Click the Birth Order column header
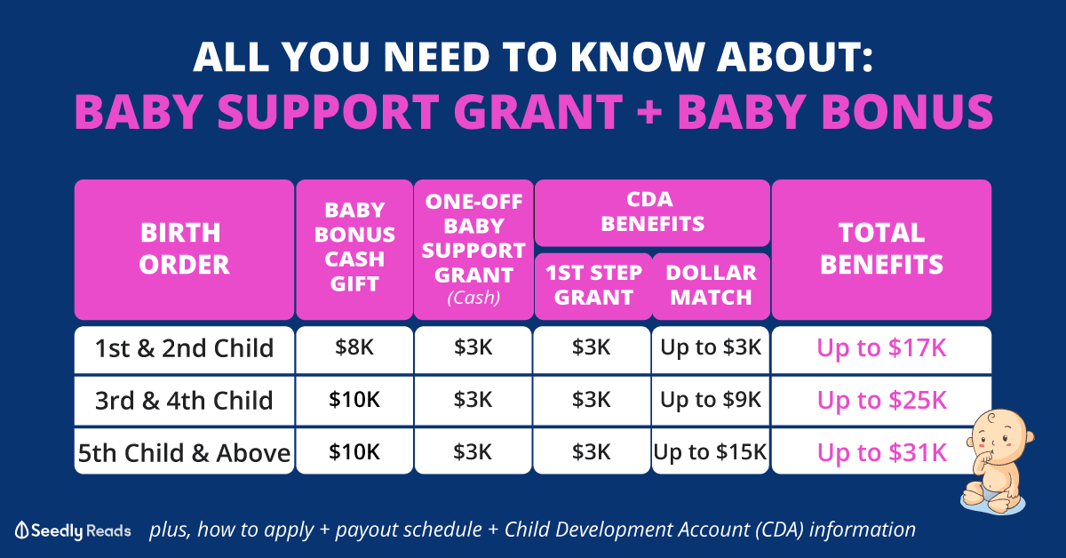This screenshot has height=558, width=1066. click(x=184, y=249)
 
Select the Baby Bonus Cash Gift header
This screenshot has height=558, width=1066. click(x=354, y=249)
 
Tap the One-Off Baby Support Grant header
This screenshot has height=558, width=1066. click(x=473, y=249)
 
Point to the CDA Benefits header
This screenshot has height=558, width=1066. click(x=652, y=212)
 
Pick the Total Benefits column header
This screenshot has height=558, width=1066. click(x=881, y=249)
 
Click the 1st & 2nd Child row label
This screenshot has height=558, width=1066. click(x=184, y=349)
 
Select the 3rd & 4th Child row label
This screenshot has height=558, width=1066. click(x=184, y=401)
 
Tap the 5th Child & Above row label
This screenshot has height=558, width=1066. click(x=184, y=452)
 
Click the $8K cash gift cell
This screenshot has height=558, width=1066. click(x=354, y=348)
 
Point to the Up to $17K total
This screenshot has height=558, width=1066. click(x=881, y=348)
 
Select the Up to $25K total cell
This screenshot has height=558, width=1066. click(x=881, y=401)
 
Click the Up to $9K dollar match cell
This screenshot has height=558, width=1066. click(x=711, y=401)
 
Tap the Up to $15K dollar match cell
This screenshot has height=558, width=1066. click(x=711, y=452)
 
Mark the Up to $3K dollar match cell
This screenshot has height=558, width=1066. click(x=711, y=348)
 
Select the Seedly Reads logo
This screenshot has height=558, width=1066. click(x=73, y=530)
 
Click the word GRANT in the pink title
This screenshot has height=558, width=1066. click(x=538, y=112)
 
